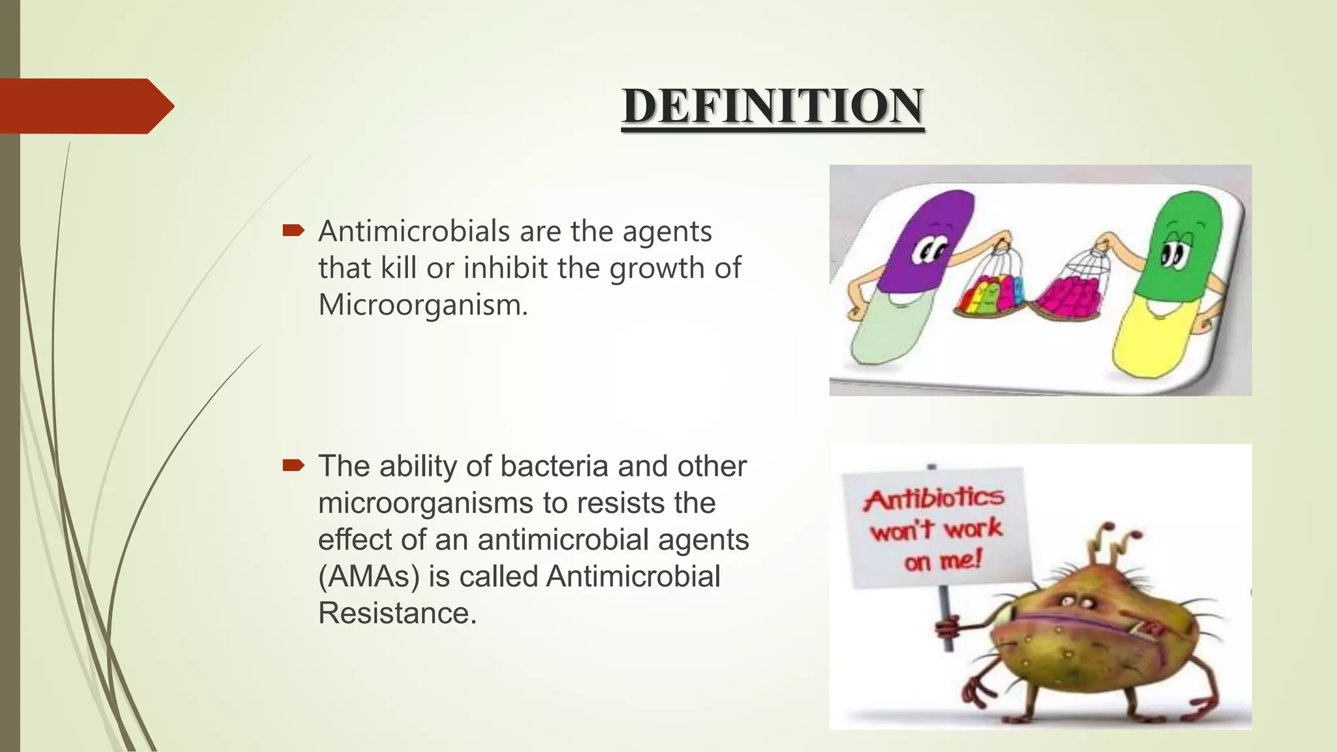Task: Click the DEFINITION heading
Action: coord(772,106)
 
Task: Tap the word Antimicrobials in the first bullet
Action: coord(414,232)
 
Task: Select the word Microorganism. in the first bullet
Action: coord(422,305)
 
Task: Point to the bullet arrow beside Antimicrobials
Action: coord(293,230)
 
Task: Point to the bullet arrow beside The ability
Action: coord(293,465)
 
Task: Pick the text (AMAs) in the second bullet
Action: coord(368,576)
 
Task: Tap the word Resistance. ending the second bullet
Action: coord(397,613)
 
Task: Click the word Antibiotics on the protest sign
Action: coord(934,499)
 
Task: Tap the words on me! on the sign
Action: coord(943,560)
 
